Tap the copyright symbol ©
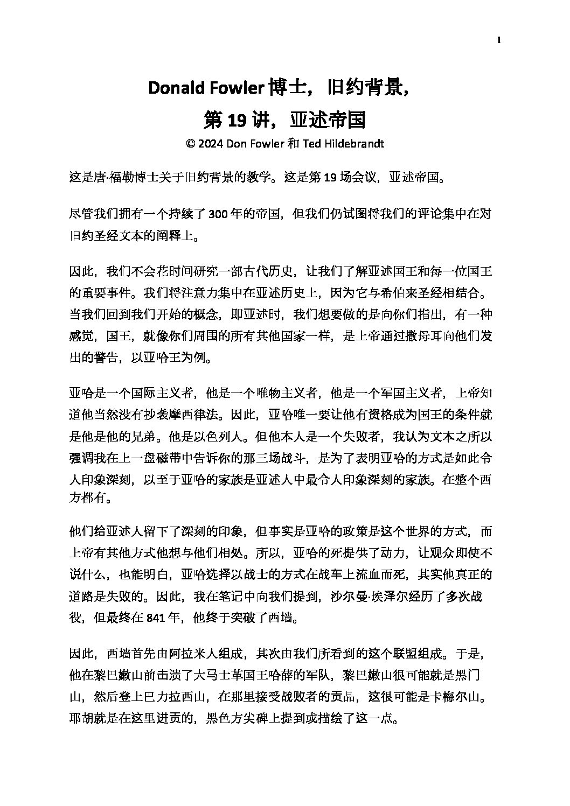pos(189,144)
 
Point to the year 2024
pos(211,144)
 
